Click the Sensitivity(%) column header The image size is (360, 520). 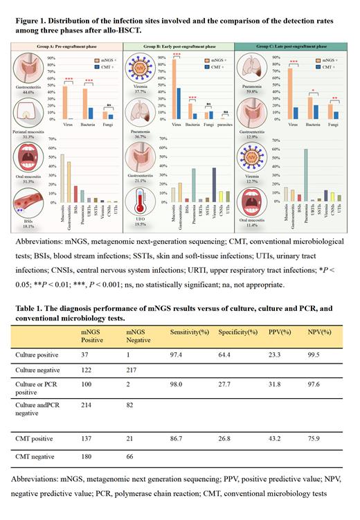point(190,332)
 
